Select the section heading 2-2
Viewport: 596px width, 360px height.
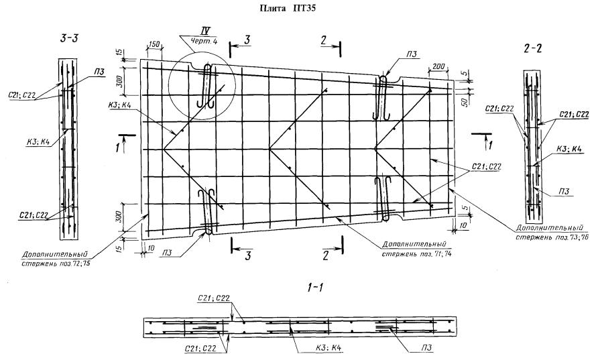pos(535,48)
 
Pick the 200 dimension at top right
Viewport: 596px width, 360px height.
pos(439,68)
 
